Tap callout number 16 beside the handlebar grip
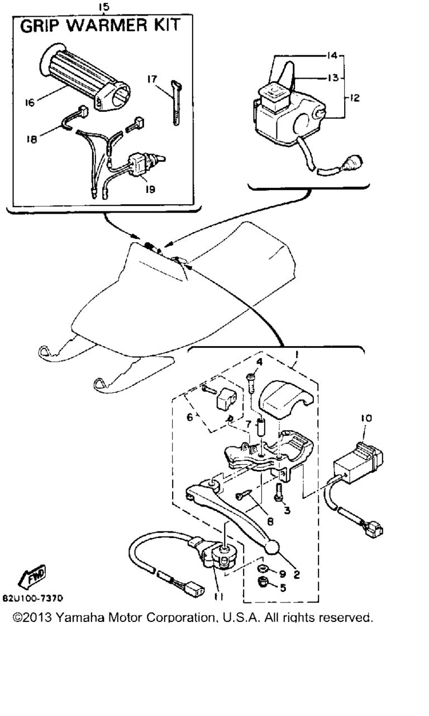point(30,102)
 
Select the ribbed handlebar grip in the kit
point(85,76)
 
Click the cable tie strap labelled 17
point(176,102)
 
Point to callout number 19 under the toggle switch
point(150,189)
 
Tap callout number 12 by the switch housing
point(354,97)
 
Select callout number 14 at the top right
point(332,55)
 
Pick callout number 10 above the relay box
point(367,418)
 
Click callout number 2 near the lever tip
point(297,574)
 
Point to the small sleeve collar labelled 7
point(261,431)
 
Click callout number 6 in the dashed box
point(189,417)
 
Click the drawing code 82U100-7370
point(33,599)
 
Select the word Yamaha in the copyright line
point(80,618)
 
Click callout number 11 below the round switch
point(219,597)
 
